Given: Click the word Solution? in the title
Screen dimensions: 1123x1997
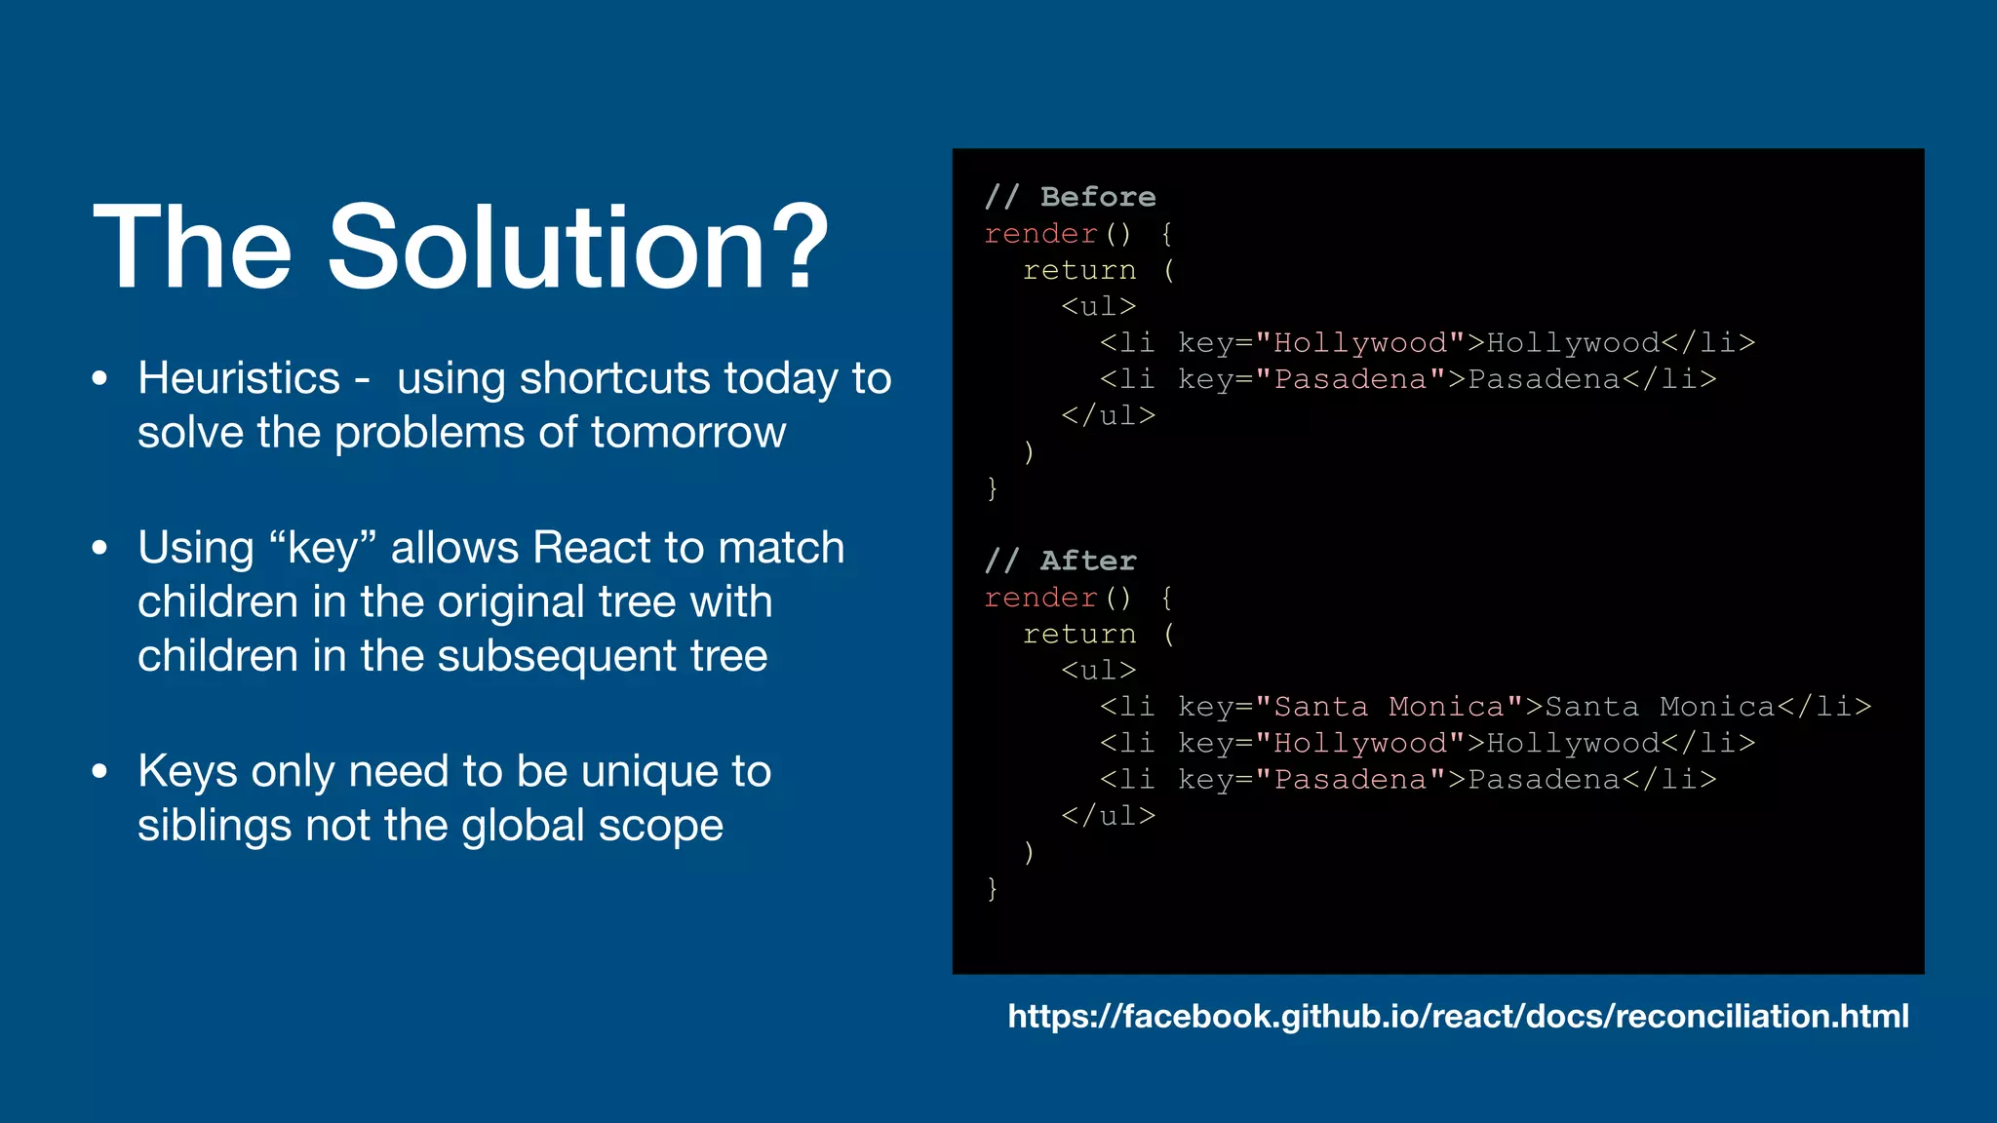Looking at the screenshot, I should click(x=577, y=248).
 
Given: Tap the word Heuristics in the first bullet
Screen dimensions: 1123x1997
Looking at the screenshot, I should click(x=239, y=378).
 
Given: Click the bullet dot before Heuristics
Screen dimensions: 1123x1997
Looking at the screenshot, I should click(x=99, y=378).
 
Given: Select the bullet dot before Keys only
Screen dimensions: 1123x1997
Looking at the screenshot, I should click(x=99, y=771).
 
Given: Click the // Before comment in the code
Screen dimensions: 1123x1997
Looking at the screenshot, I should click(x=1070, y=197).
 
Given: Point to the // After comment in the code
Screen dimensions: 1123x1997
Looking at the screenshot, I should click(x=1060, y=561).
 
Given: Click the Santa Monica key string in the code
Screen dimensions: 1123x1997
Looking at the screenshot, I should click(x=1389, y=707).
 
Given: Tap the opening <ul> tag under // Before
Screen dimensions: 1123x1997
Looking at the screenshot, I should click(x=1099, y=306).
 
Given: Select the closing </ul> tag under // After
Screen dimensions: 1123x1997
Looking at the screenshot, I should click(x=1108, y=816).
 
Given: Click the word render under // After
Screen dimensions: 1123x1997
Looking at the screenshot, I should click(x=1040, y=598).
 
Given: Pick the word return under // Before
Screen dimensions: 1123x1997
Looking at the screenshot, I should click(x=1079, y=270).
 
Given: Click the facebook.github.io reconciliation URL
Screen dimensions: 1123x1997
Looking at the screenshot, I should click(x=1458, y=1016).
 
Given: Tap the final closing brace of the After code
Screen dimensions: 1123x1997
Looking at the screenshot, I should click(x=992, y=888).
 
